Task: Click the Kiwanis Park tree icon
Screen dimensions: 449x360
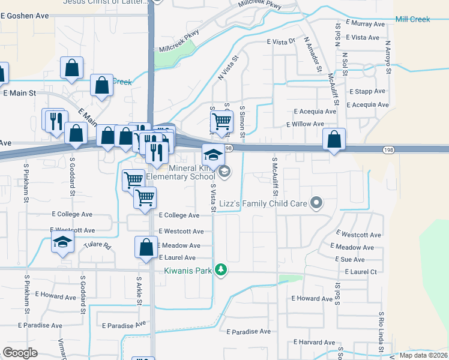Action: pyautogui.click(x=221, y=270)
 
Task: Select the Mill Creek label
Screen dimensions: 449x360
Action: pyautogui.click(x=412, y=19)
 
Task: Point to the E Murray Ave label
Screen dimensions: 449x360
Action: pyautogui.click(x=365, y=24)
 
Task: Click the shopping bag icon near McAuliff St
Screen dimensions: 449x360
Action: pyautogui.click(x=334, y=139)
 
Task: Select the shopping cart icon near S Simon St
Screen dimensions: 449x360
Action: pyautogui.click(x=222, y=121)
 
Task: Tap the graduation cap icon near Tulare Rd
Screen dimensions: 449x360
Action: pyautogui.click(x=62, y=243)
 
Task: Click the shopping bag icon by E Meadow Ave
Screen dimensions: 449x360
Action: pyautogui.click(x=146, y=247)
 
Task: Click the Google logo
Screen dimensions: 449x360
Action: pyautogui.click(x=20, y=353)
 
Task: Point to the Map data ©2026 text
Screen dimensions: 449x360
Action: pyautogui.click(x=423, y=355)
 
